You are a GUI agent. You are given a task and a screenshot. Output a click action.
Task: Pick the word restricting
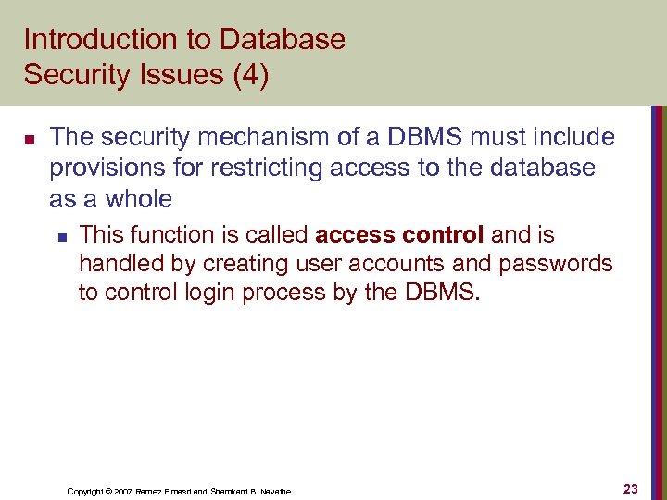pyautogui.click(x=246, y=169)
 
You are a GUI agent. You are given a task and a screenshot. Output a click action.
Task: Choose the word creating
pyautogui.click(x=249, y=264)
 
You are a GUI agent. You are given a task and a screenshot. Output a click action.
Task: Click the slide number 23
pyautogui.click(x=631, y=489)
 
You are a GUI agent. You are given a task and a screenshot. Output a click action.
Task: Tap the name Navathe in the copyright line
pyautogui.click(x=273, y=491)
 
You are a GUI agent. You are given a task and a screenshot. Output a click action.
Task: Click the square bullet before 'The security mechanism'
pyautogui.click(x=29, y=140)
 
